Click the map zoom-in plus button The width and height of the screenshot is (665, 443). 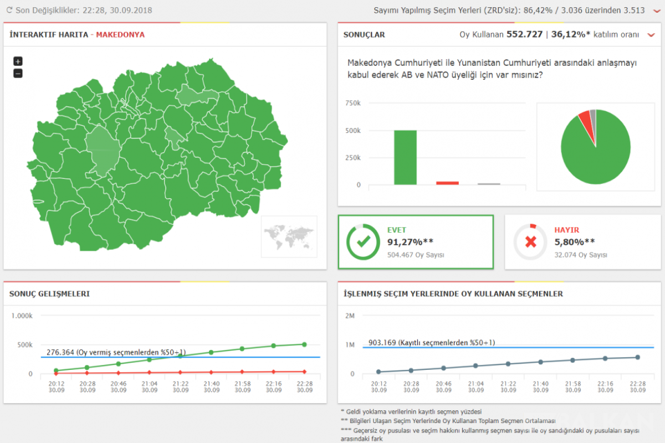click(18, 61)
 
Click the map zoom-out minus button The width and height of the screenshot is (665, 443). click(18, 73)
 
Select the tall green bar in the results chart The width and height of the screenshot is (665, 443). click(405, 158)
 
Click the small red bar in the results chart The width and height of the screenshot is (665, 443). click(447, 183)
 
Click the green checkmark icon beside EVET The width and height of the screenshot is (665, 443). click(364, 242)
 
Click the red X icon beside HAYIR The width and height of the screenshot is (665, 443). click(530, 242)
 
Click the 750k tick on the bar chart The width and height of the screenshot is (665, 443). click(352, 103)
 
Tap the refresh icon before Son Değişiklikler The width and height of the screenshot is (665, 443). click(9, 10)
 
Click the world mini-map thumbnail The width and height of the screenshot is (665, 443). click(289, 236)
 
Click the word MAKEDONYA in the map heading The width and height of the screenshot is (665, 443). click(120, 35)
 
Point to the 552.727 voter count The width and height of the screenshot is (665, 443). click(524, 34)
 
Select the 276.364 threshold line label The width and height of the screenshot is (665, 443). click(116, 352)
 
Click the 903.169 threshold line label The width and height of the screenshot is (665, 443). click(432, 342)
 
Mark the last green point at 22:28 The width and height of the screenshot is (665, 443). click(304, 344)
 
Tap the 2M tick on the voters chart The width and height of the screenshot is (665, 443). click(350, 316)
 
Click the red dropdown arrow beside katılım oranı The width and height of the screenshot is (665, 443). click(651, 35)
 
